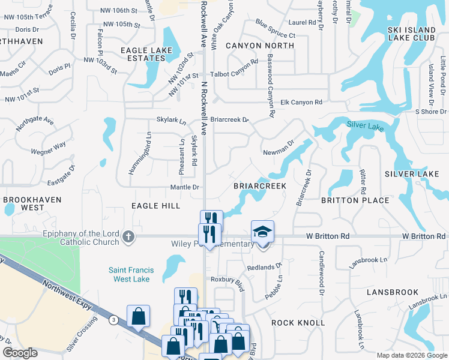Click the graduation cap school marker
pyautogui.click(x=263, y=232)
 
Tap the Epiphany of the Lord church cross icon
pyautogui.click(x=127, y=236)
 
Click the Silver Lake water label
pyautogui.click(x=363, y=125)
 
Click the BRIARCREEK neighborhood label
pyautogui.click(x=259, y=187)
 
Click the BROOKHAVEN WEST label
pyautogui.click(x=23, y=203)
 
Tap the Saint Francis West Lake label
pyautogui.click(x=131, y=275)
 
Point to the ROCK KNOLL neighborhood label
pyautogui.click(x=298, y=323)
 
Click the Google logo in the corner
pyautogui.click(x=21, y=353)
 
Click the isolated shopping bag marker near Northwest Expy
pyautogui.click(x=138, y=316)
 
